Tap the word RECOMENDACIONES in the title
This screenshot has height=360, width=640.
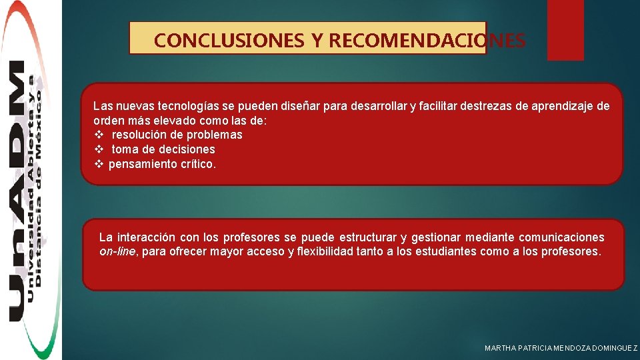427,41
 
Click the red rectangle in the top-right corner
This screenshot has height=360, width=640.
565,29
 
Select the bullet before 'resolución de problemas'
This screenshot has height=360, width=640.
98,135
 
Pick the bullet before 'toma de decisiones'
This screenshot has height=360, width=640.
98,149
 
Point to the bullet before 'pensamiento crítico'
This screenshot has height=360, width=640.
98,164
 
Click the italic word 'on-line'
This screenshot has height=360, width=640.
117,252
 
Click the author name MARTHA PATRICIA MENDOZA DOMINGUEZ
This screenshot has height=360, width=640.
561,348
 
